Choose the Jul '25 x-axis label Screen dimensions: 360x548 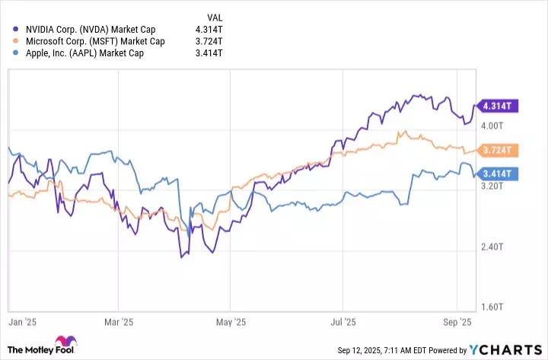(344, 322)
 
